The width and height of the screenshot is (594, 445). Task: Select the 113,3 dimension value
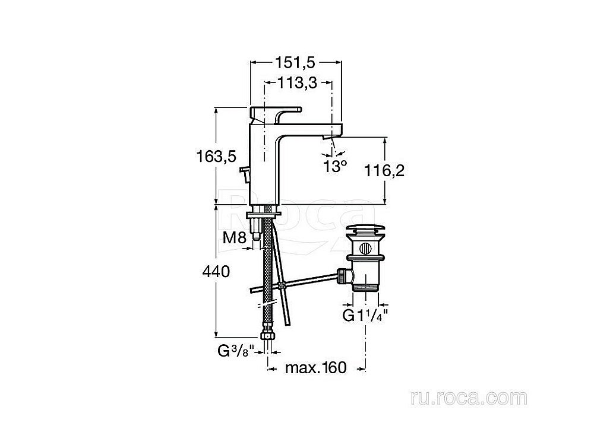(x=297, y=84)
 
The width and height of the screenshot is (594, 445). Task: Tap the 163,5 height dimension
(x=217, y=157)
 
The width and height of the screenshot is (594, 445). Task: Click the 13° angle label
(x=335, y=166)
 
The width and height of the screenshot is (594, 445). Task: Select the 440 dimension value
(x=217, y=272)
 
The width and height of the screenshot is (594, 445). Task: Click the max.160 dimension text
(x=315, y=368)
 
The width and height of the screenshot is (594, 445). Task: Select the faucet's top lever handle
(x=274, y=112)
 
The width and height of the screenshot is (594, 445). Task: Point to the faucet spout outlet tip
(x=328, y=138)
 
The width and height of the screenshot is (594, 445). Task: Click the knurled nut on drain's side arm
(x=343, y=275)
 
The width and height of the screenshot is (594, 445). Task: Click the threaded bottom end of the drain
(x=364, y=287)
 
